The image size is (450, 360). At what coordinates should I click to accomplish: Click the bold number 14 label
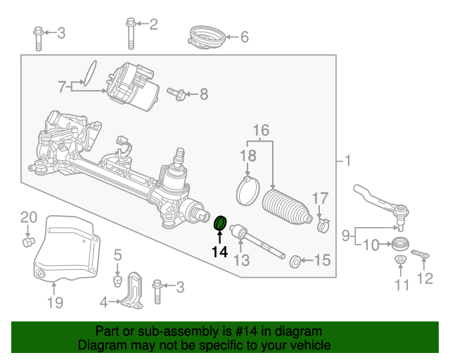pyautogui.click(x=219, y=251)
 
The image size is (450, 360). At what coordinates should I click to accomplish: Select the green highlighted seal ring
pyautogui.click(x=220, y=224)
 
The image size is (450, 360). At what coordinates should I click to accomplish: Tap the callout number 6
pyautogui.click(x=244, y=37)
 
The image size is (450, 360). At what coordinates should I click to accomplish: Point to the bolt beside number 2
pyautogui.click(x=131, y=32)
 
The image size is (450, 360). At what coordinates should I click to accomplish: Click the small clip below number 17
pyautogui.click(x=323, y=225)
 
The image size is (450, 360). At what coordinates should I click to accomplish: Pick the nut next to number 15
pyautogui.click(x=296, y=262)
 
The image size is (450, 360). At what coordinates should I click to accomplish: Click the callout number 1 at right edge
pyautogui.click(x=347, y=162)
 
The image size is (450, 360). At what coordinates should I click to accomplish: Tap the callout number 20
pyautogui.click(x=27, y=217)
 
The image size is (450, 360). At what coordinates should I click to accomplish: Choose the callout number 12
pyautogui.click(x=425, y=279)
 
